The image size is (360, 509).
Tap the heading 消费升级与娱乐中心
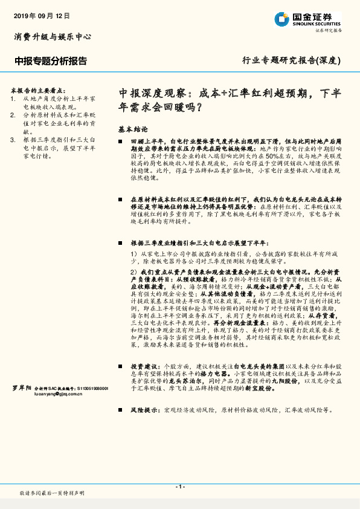click(53, 37)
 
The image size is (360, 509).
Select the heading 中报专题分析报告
click(51, 61)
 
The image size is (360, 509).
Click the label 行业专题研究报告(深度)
click(292, 61)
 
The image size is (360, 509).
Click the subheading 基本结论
click(133, 129)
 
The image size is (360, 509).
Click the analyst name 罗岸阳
click(22, 388)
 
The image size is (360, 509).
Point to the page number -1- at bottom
click(180, 487)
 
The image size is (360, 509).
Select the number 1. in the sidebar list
click(13, 97)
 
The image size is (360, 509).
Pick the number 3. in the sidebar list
click(13, 139)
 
